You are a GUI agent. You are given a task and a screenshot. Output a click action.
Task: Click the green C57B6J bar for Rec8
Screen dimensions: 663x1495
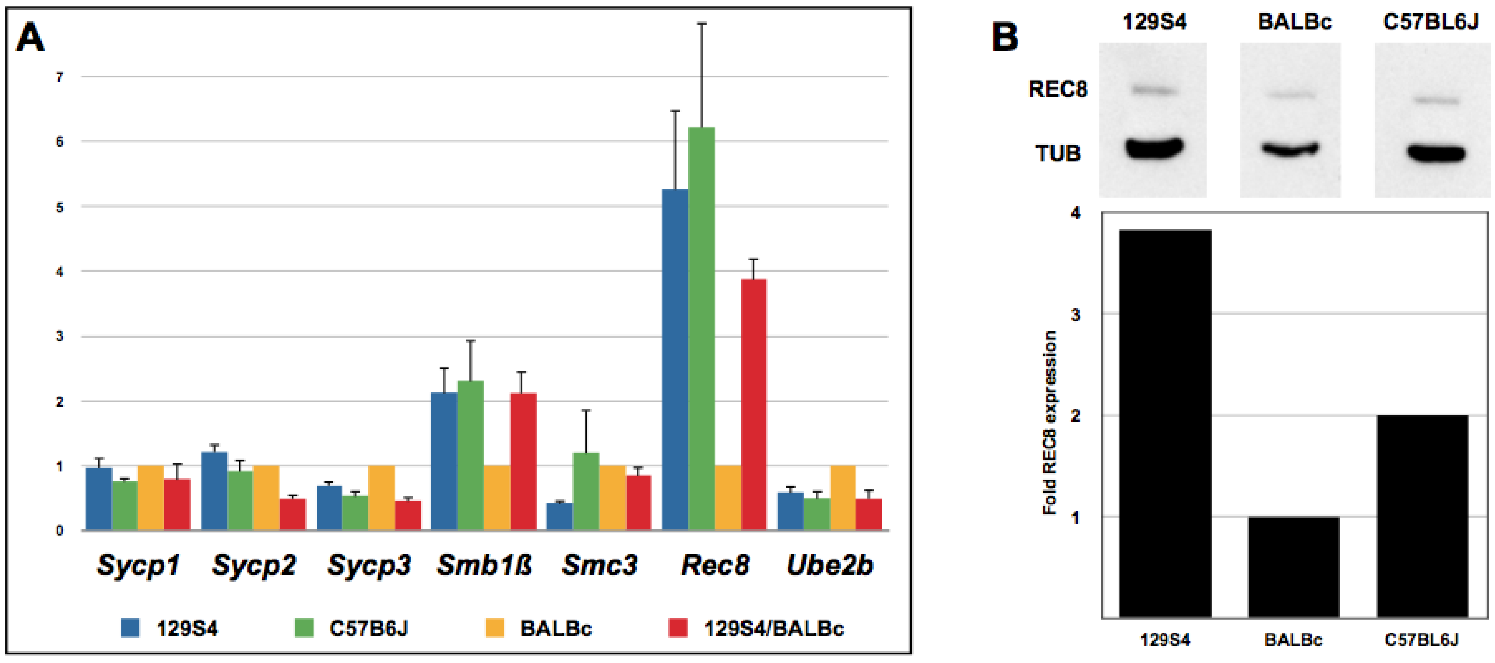701,328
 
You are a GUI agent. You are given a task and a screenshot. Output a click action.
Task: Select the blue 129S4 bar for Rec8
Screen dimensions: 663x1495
675,360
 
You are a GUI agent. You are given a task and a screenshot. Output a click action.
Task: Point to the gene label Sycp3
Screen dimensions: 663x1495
369,565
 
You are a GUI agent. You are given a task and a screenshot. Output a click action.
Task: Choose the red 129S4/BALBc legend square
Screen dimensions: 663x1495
678,628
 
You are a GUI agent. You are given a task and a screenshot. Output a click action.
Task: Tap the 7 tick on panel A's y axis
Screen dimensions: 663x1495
60,76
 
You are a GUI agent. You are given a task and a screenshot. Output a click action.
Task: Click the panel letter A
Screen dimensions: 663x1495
30,38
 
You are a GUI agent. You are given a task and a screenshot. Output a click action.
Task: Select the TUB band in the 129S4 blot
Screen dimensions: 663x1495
1154,148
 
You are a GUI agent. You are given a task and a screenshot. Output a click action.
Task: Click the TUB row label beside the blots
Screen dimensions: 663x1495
1058,153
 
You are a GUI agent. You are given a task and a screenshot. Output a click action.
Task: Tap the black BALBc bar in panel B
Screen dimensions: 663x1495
1293,567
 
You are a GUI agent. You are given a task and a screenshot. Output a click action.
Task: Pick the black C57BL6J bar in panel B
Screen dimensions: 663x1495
1423,516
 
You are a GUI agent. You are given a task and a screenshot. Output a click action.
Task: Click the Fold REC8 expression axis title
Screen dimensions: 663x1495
1050,423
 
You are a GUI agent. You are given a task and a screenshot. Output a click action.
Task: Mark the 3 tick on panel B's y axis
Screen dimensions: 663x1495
1075,315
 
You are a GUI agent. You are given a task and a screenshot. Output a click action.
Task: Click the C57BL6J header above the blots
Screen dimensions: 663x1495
1430,22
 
